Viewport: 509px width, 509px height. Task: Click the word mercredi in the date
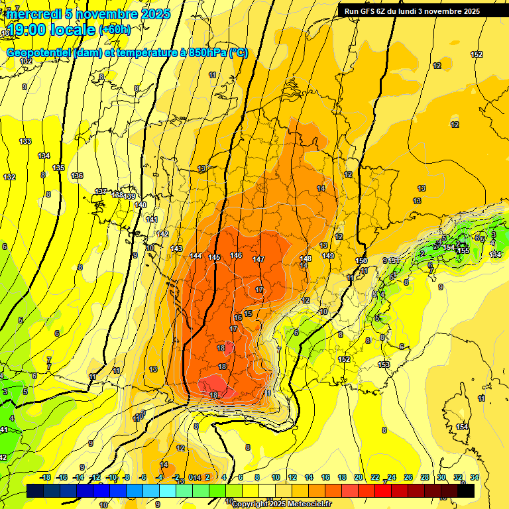point(34,14)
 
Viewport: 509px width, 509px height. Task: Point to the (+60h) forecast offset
point(115,30)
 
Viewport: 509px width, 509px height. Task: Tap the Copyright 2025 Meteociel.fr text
point(281,504)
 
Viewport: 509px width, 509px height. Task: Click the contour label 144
point(196,256)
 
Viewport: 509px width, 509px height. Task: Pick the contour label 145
point(214,257)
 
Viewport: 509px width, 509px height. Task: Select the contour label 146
point(236,255)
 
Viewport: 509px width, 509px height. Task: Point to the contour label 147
point(258,259)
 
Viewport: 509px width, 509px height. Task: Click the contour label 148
point(305,258)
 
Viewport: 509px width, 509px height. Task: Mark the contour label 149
point(328,256)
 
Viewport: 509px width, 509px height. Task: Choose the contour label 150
point(361,260)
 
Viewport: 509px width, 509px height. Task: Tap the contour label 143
point(176,249)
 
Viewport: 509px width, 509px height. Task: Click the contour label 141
point(152,219)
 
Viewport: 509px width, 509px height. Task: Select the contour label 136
point(77,176)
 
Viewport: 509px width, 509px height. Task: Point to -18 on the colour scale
point(45,478)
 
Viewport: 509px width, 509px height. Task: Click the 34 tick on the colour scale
point(475,478)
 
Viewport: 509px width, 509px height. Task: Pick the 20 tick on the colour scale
point(359,478)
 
